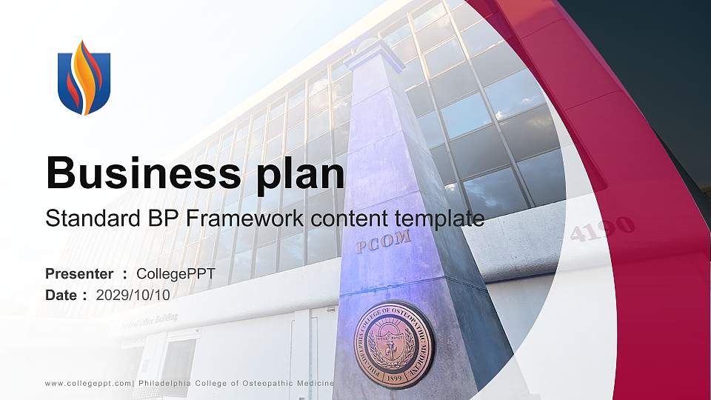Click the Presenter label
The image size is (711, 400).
(x=79, y=274)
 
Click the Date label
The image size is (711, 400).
(x=62, y=295)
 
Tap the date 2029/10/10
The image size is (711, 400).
(x=133, y=295)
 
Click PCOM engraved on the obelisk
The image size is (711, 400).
(x=383, y=241)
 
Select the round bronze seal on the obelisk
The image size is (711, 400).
(x=394, y=344)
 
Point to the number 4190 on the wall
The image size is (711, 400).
(x=602, y=229)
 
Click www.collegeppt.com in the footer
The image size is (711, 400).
(x=88, y=383)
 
